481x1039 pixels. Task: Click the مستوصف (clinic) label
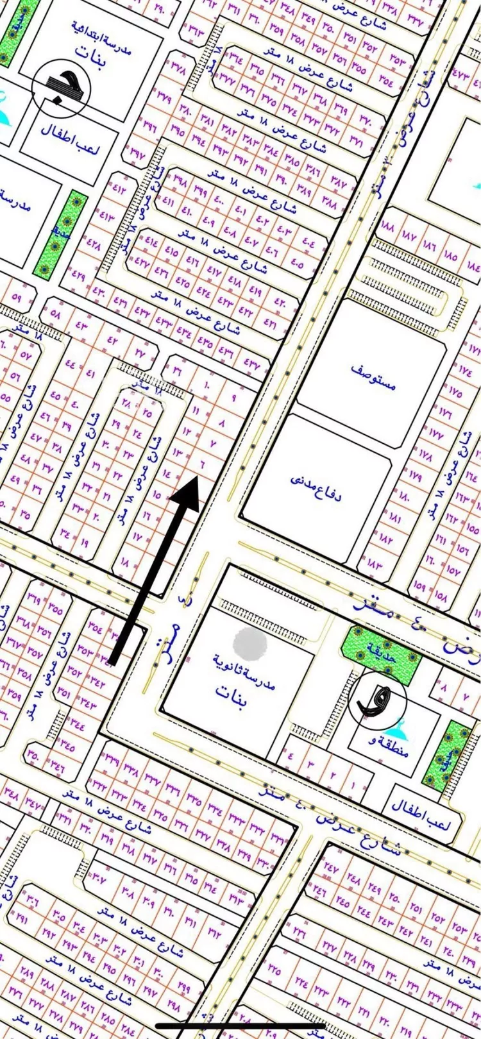click(x=374, y=377)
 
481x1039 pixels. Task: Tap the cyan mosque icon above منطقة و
click(x=393, y=727)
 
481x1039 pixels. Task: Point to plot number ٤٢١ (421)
click(x=269, y=324)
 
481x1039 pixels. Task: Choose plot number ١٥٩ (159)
click(x=420, y=586)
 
